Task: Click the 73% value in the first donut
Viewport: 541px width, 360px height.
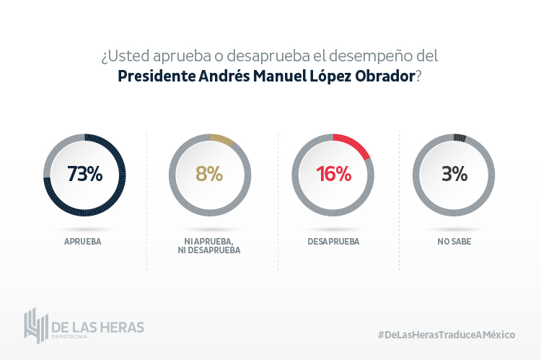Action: tap(84, 175)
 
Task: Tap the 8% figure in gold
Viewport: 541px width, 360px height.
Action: tap(209, 175)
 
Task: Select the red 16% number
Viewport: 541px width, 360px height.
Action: tap(333, 175)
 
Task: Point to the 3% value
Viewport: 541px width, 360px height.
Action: tap(454, 175)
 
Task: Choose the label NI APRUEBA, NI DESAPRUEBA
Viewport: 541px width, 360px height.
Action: tap(209, 246)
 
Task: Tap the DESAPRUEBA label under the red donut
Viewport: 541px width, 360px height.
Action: tap(333, 241)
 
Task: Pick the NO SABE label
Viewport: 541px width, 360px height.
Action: tap(454, 241)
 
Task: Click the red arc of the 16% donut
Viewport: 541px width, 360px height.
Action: tap(356, 141)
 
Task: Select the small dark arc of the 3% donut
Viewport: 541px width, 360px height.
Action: tap(459, 136)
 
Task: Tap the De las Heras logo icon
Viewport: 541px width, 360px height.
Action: tap(35, 326)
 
